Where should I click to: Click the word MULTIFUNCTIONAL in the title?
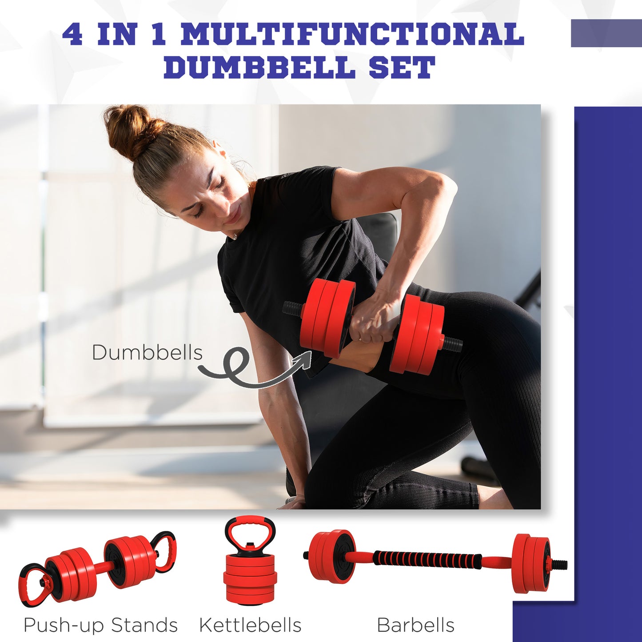coord(353,35)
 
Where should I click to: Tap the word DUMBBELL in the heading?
coord(260,68)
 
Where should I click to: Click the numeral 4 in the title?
coord(72,35)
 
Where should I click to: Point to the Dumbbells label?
coord(147,353)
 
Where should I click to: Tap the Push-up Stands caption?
coord(100,625)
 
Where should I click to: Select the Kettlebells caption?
coord(250,625)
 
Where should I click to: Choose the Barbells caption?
coord(415,625)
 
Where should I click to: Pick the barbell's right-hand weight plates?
coord(531,563)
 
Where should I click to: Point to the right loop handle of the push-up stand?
coord(164,551)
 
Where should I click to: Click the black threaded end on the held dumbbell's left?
coord(292,307)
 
